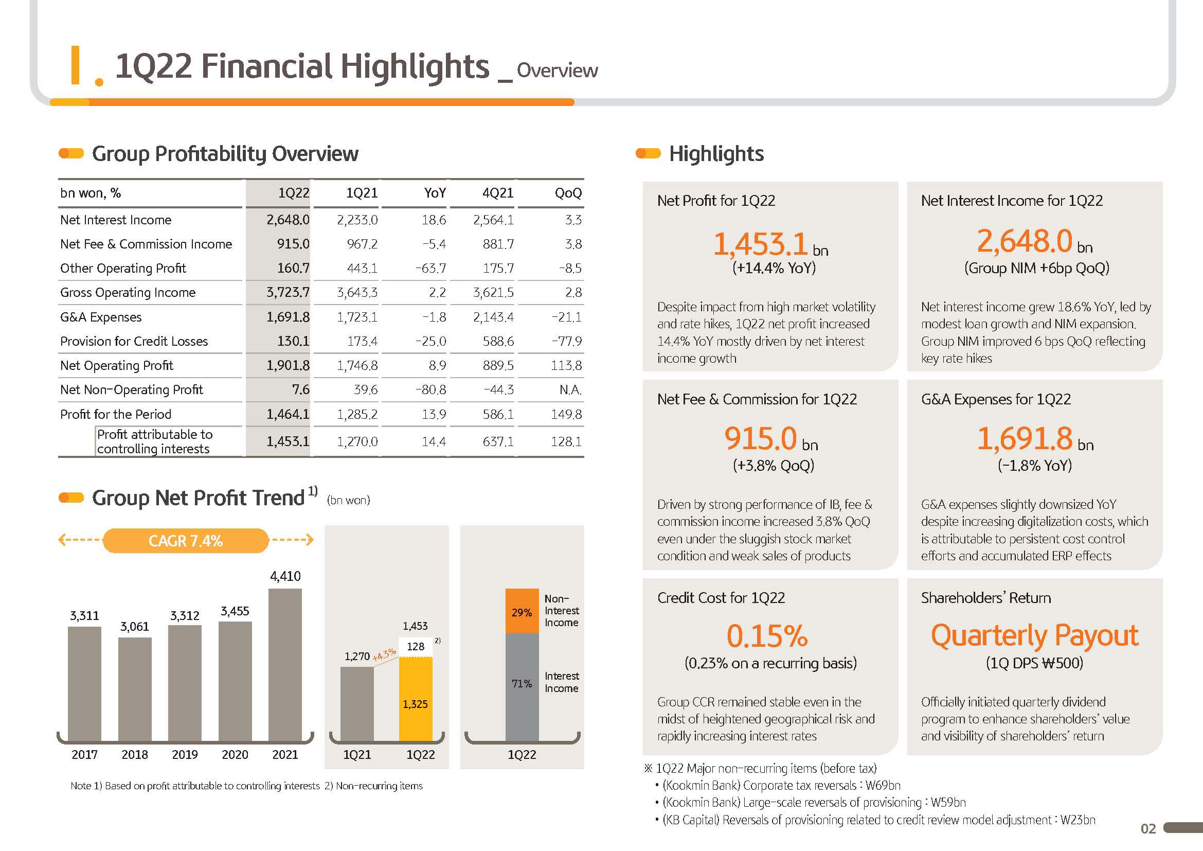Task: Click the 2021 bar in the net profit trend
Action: pos(285,664)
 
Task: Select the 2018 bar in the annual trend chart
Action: pos(135,688)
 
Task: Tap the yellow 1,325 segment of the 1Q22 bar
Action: pos(416,699)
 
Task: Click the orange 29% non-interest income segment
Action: pos(522,611)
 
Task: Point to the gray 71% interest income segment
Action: pos(522,686)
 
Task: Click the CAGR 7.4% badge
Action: pos(186,540)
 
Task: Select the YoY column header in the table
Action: pos(435,193)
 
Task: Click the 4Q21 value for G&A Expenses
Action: pos(493,317)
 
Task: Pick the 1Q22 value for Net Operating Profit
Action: pos(288,365)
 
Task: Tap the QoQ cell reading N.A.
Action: pos(570,389)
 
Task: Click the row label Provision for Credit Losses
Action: pos(134,341)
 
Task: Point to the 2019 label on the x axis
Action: pos(185,754)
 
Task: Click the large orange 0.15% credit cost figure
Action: pos(767,635)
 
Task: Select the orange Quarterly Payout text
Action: pos(1034,635)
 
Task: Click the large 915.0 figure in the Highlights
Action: pos(760,438)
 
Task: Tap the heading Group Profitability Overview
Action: pos(225,153)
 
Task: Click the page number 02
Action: pos(1148,828)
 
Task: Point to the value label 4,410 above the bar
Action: pos(285,576)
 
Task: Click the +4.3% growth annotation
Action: pos(384,654)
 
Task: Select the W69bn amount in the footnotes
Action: pos(883,785)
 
